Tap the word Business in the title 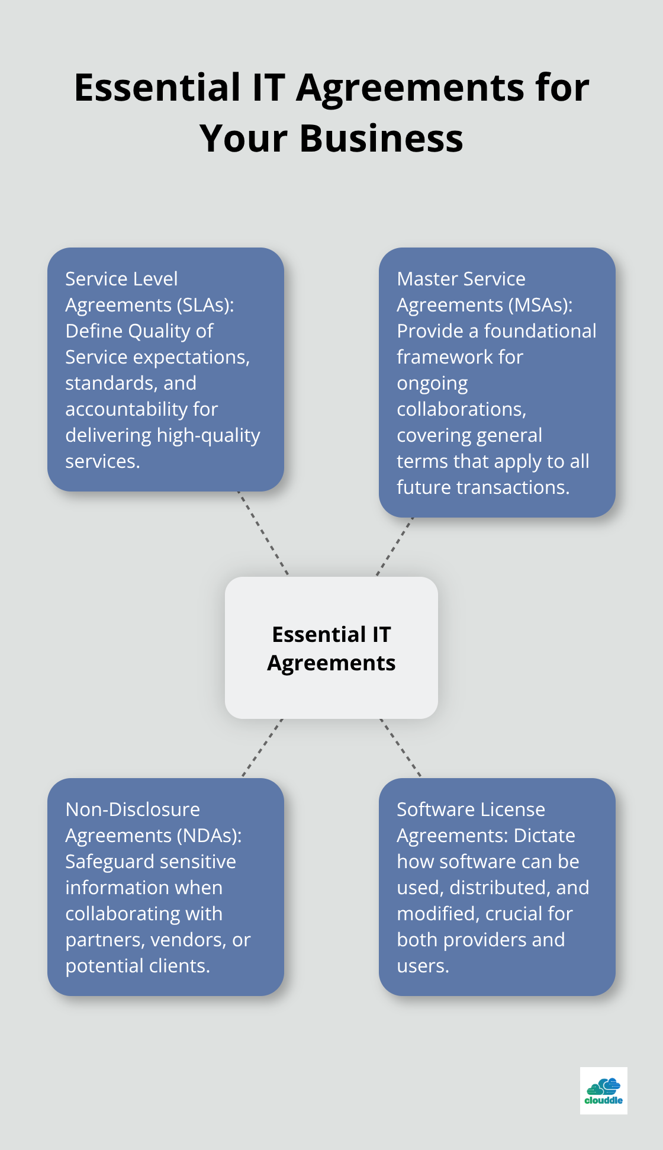coord(381,139)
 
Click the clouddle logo coord(603,1091)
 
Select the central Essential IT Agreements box coord(331,648)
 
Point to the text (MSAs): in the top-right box coord(541,305)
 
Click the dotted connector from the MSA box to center coord(395,547)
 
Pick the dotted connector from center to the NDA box coord(262,748)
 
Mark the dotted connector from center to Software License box coord(401,748)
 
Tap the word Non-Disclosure coord(133,810)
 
